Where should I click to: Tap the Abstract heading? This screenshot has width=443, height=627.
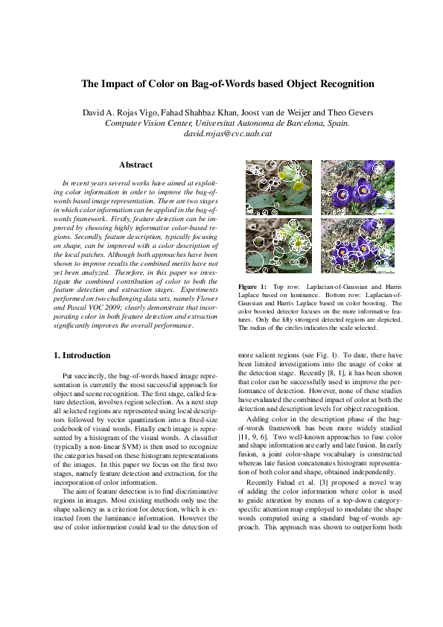(136, 165)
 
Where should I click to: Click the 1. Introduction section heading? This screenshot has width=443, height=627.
(83, 355)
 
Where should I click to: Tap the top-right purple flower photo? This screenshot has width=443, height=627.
(357, 187)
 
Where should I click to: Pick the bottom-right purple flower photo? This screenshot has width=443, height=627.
(357, 246)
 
